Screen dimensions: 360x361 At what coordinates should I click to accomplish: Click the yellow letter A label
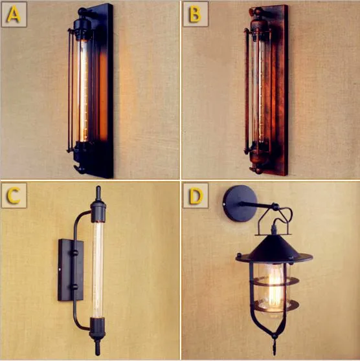tap(14, 15)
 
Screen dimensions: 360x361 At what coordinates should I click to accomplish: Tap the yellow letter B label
tap(195, 14)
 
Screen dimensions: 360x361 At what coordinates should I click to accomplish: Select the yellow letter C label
tap(13, 195)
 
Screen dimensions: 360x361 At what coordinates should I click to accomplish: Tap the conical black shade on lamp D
tap(274, 249)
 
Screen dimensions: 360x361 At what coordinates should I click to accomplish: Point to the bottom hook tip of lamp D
tap(275, 350)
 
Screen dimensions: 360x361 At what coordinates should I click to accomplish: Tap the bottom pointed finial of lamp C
tap(98, 347)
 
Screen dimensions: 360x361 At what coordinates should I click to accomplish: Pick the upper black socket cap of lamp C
tap(98, 210)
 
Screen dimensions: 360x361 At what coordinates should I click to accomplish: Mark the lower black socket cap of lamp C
tap(98, 327)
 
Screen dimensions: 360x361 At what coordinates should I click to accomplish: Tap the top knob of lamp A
tap(82, 11)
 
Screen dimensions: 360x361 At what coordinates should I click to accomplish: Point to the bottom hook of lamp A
tap(79, 170)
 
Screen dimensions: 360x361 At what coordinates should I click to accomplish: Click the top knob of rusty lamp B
tap(256, 10)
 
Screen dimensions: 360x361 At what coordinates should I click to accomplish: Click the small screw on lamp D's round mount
tap(225, 204)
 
